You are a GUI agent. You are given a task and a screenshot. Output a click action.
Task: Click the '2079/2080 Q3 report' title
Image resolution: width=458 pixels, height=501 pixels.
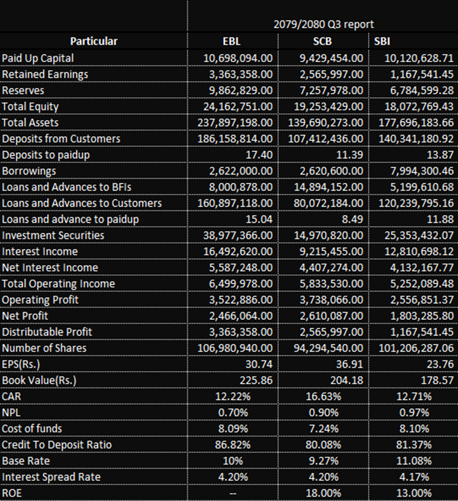click(x=324, y=24)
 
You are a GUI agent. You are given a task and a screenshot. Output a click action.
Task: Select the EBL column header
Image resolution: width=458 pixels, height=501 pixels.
click(x=231, y=41)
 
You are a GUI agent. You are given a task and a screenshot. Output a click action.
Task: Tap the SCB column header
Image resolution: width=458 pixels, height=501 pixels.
click(x=322, y=41)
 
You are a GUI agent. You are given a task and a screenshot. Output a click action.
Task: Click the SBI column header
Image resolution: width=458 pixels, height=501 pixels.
click(x=382, y=41)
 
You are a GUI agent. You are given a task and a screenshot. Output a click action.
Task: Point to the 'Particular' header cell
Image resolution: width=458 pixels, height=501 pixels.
click(x=94, y=41)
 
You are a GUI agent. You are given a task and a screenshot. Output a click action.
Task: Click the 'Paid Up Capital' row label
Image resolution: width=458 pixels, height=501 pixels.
click(x=38, y=58)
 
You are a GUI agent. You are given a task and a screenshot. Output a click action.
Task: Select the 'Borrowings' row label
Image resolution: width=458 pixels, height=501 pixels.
click(x=29, y=171)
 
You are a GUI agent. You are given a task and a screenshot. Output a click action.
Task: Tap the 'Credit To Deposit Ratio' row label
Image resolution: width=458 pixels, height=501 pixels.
click(x=57, y=445)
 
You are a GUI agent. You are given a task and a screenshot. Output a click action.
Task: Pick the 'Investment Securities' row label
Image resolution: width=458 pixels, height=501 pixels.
click(x=53, y=235)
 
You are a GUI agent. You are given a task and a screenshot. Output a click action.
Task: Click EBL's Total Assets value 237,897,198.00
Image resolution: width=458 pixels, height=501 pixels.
click(x=235, y=123)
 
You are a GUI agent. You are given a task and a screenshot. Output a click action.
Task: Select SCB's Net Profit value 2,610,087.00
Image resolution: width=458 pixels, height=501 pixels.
click(x=331, y=316)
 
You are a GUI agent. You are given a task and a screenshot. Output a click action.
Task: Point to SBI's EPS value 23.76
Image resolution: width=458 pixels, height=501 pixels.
click(x=440, y=364)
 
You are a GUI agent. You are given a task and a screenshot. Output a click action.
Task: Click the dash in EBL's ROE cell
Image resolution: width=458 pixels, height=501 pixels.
click(x=233, y=493)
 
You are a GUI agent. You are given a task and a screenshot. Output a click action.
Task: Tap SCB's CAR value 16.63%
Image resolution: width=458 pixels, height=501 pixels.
click(x=323, y=396)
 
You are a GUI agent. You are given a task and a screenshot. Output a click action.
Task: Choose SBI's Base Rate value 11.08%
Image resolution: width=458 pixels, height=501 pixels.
click(x=414, y=461)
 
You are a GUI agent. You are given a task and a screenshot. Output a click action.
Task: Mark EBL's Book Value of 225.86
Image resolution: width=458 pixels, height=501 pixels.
click(x=256, y=380)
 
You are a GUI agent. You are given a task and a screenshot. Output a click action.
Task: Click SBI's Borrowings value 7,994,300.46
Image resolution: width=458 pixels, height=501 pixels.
click(x=422, y=171)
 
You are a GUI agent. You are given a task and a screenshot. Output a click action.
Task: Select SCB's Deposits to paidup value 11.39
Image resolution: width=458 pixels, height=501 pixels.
click(x=350, y=155)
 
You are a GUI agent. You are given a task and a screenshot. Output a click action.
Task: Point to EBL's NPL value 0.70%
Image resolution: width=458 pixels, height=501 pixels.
click(x=233, y=413)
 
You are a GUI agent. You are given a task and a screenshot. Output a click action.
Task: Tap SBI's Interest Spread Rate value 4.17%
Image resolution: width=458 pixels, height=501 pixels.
click(x=414, y=477)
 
